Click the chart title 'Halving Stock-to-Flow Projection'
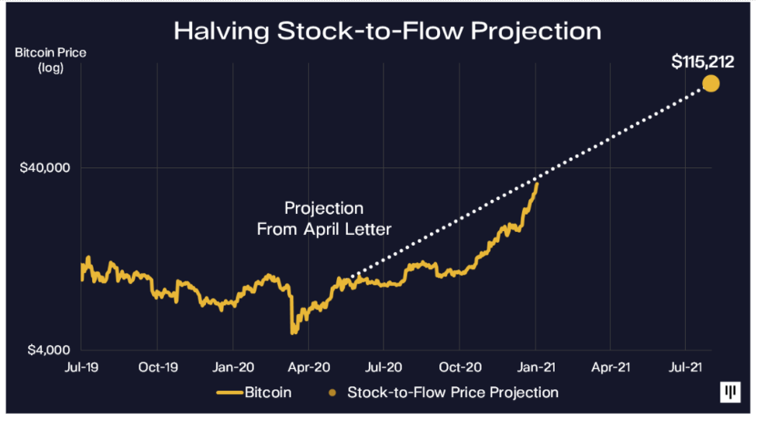[387, 30]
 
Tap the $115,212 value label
[702, 62]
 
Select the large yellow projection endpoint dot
[710, 83]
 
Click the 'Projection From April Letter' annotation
[324, 219]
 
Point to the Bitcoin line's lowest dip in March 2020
[293, 332]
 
